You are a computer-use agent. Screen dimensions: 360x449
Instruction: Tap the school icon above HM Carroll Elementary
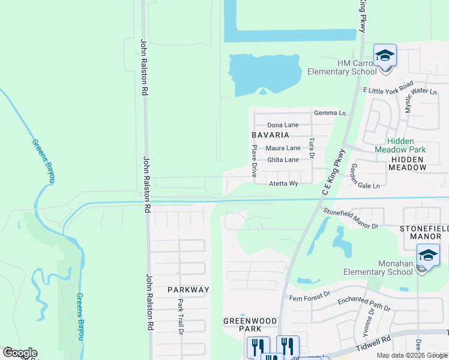point(385,56)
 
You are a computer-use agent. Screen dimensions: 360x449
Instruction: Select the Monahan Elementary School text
point(378,268)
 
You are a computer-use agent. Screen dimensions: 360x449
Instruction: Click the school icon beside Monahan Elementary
point(428,256)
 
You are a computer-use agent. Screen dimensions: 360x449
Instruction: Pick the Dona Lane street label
point(283,125)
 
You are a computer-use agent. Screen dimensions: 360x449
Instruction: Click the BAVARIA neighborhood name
point(275,136)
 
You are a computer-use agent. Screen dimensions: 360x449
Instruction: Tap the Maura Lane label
point(284,148)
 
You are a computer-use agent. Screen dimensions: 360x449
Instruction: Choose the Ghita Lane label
point(283,160)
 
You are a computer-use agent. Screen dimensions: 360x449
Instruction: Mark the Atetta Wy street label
point(283,184)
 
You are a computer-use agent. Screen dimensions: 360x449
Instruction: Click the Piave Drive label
point(255,161)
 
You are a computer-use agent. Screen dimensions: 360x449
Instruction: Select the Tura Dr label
point(312,148)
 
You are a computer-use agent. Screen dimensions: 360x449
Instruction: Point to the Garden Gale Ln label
point(365,176)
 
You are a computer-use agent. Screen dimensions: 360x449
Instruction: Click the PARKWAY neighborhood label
point(188,290)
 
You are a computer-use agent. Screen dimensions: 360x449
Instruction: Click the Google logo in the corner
point(20,353)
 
